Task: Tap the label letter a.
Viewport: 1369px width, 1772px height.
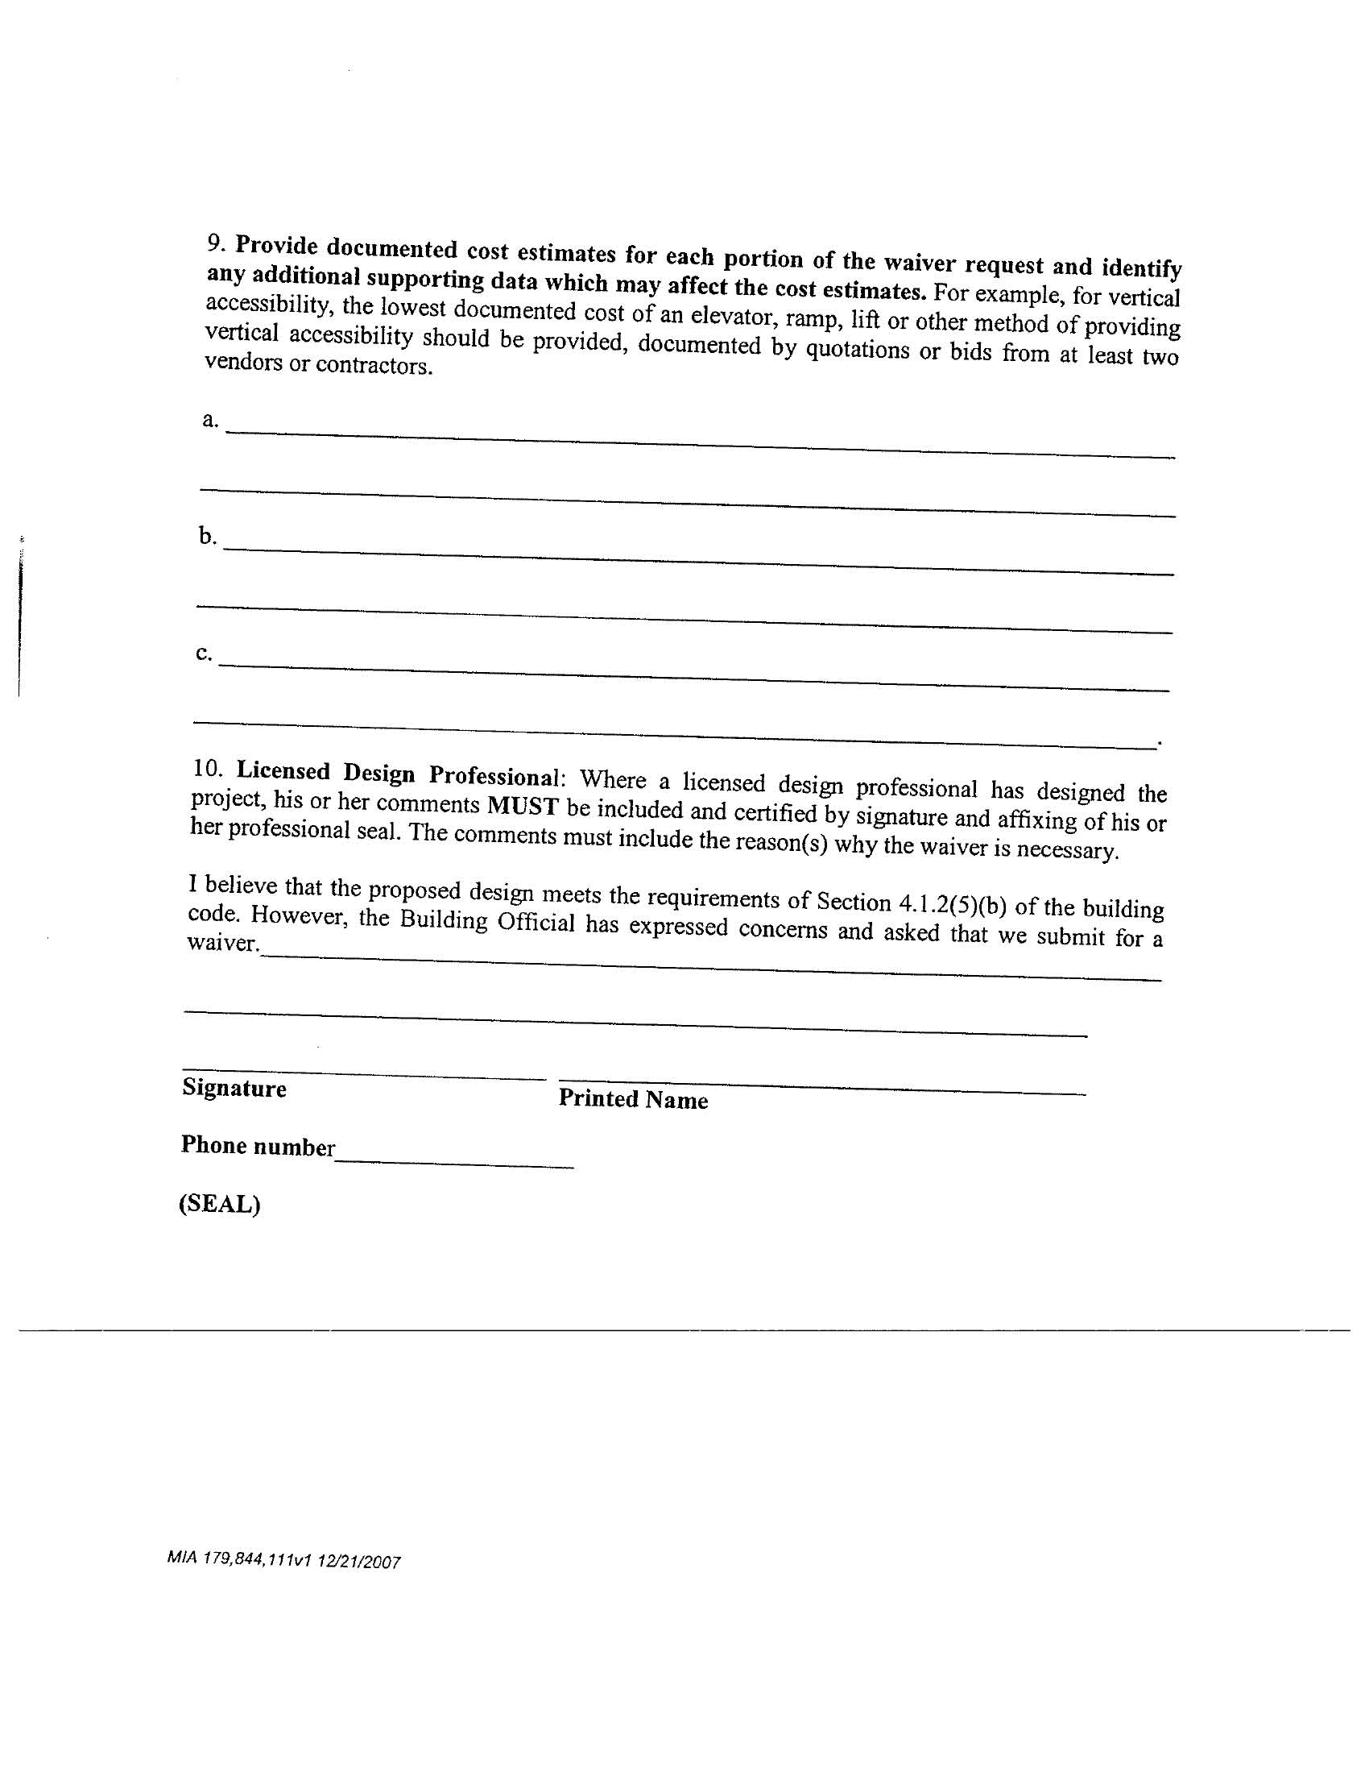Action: point(209,420)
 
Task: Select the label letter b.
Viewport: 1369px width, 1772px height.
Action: point(207,536)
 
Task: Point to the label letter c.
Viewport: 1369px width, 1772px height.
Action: point(203,653)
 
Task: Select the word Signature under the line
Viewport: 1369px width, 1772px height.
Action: point(234,1087)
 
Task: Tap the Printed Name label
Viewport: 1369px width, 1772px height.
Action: point(633,1099)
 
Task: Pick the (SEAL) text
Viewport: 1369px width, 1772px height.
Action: point(219,1204)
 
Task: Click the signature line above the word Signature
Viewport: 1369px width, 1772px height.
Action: point(363,1073)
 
